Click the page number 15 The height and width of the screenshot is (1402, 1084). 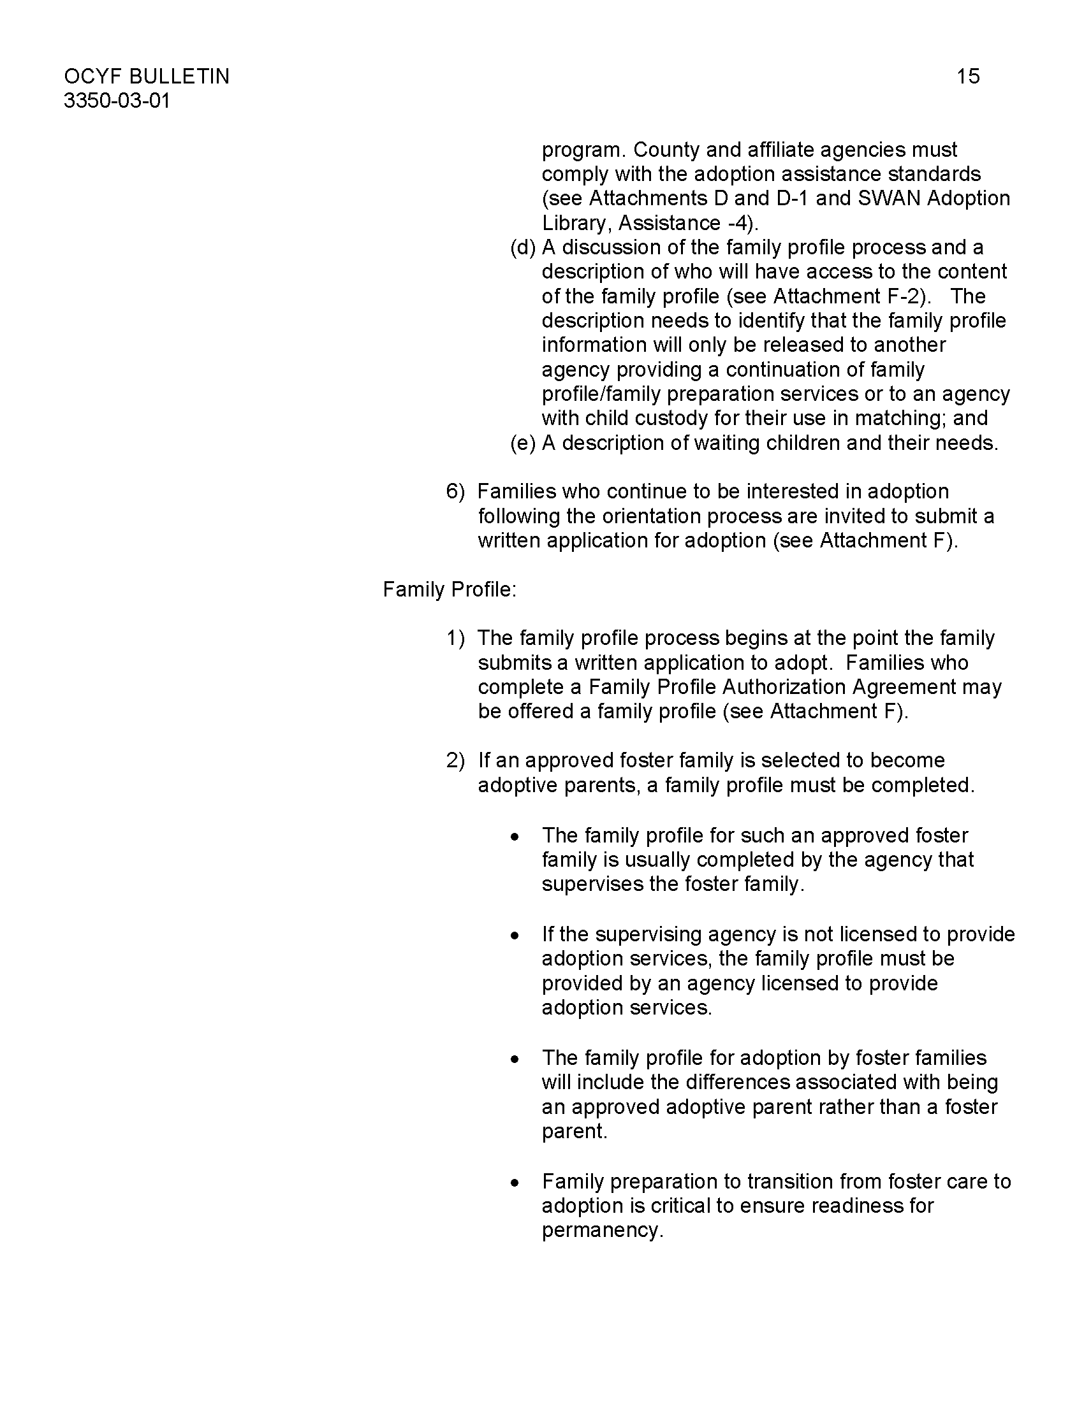pos(968,76)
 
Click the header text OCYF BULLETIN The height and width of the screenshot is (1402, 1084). pos(147,76)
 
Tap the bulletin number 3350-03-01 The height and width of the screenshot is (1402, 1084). pos(117,101)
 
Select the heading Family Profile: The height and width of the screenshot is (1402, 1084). pos(450,589)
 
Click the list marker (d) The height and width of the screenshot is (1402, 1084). pos(523,247)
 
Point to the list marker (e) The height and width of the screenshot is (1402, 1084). pos(523,443)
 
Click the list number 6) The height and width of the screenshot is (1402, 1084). pos(455,492)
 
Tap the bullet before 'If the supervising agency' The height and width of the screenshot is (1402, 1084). pos(515,936)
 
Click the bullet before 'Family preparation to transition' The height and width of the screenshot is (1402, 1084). pos(515,1182)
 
